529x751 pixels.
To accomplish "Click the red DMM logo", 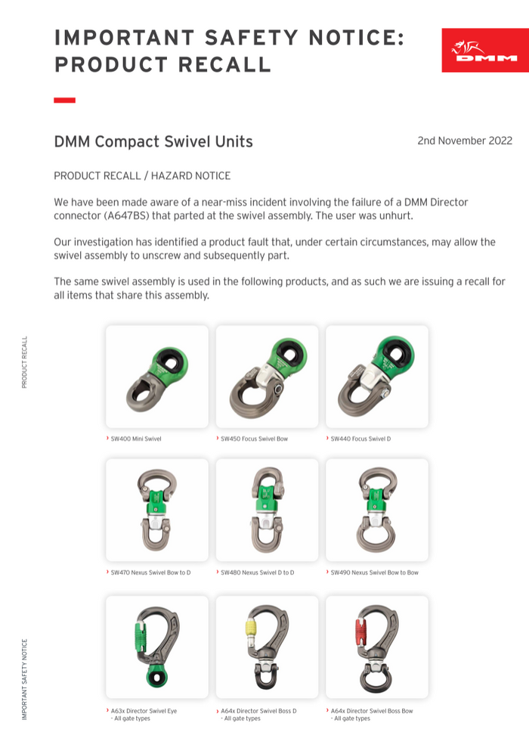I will coord(484,51).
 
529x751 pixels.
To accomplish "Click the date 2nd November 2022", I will coord(464,141).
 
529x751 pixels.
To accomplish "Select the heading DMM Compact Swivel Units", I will coord(153,141).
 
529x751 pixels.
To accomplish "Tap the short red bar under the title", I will coord(64,100).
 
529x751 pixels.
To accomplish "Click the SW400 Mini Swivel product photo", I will coord(157,376).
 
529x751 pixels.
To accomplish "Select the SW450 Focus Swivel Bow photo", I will coord(267,376).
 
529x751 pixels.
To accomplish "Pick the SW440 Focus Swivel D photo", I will coord(376,376).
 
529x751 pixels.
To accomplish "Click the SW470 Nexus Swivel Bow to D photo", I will coord(157,510).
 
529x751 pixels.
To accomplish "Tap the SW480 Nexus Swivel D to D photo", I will coord(267,510).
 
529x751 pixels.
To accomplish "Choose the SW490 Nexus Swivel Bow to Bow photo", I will coord(376,510).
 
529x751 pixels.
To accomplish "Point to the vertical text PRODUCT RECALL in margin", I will coord(24,362).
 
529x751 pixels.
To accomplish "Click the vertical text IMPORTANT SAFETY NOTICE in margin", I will coord(24,679).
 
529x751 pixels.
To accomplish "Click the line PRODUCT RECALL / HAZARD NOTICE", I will coord(142,175).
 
